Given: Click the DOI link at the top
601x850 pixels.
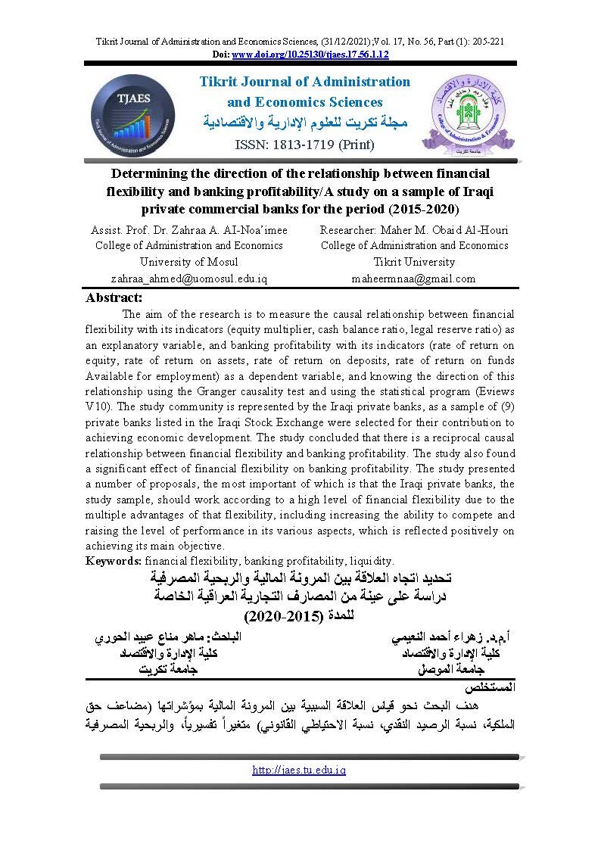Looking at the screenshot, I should (310, 54).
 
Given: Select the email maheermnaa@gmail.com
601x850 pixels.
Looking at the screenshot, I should (414, 278).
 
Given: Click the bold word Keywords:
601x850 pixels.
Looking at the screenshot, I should (114, 561).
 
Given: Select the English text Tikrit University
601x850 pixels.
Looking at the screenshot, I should (414, 262).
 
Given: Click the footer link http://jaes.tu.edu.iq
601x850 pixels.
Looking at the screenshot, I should (300, 770).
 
